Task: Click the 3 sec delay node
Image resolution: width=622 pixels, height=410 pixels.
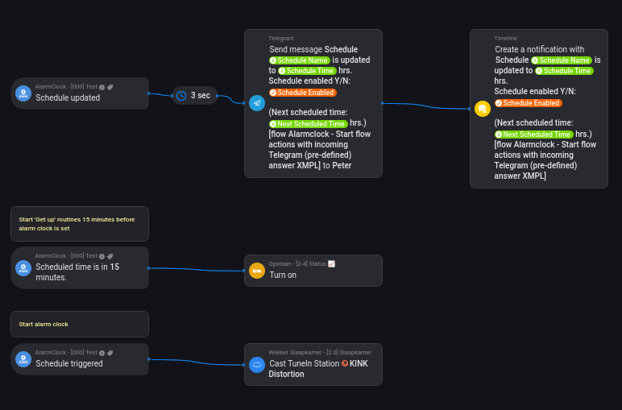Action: pos(195,95)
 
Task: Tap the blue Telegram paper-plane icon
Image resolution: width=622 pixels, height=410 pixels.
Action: pos(257,103)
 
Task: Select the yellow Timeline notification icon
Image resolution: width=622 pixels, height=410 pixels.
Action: pos(483,109)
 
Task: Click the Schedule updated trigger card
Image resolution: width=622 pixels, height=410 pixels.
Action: pos(80,93)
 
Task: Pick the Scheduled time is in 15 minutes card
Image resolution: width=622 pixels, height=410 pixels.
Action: pos(80,267)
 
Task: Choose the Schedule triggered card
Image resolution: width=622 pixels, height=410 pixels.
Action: pos(80,359)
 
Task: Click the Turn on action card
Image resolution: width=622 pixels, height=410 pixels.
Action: pos(313,271)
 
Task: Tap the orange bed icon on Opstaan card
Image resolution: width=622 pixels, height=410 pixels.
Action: pos(257,271)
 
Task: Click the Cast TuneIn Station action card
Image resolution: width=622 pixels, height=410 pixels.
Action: pos(313,364)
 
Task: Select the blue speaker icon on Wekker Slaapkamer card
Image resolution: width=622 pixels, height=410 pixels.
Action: pos(257,364)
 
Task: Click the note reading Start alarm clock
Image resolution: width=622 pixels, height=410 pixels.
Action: pos(80,324)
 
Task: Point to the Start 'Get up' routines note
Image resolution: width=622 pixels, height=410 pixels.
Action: pos(80,223)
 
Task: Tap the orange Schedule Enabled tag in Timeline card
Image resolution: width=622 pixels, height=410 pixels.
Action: pos(529,103)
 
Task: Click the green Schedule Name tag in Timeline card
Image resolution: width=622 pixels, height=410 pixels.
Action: pos(562,60)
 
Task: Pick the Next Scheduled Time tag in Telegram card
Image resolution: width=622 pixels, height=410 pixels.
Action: pos(309,124)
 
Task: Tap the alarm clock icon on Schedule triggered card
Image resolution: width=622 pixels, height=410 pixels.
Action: pos(23,359)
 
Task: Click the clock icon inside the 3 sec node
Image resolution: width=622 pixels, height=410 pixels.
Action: pos(182,95)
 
